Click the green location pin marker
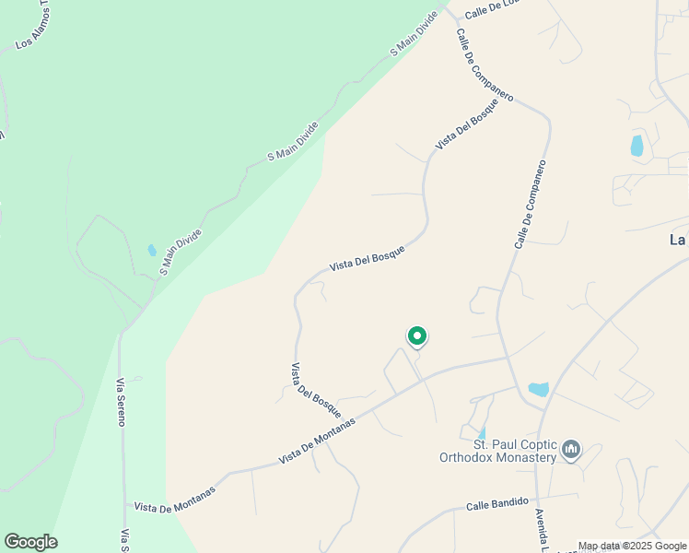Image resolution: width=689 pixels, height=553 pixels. coord(417,337)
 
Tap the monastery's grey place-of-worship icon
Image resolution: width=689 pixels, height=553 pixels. coord(571,450)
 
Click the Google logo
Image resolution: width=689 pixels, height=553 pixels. coord(30,542)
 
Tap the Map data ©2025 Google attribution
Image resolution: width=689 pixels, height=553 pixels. coord(633,547)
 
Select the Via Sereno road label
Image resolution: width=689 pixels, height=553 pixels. coord(121,401)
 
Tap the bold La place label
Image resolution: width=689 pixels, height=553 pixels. coord(678,240)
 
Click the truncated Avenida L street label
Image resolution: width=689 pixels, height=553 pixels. coord(541,530)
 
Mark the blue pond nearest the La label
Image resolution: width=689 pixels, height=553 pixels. coord(636,146)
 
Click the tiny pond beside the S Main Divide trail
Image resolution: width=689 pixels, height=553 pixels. coord(151,250)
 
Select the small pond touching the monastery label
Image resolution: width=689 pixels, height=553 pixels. coord(481,432)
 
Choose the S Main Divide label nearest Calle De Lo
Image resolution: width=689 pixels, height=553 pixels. coord(413,35)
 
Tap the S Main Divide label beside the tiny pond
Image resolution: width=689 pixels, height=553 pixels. coord(180,253)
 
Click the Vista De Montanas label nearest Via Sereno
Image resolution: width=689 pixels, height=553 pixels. coord(174,500)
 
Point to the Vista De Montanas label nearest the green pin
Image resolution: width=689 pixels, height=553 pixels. coord(317,442)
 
